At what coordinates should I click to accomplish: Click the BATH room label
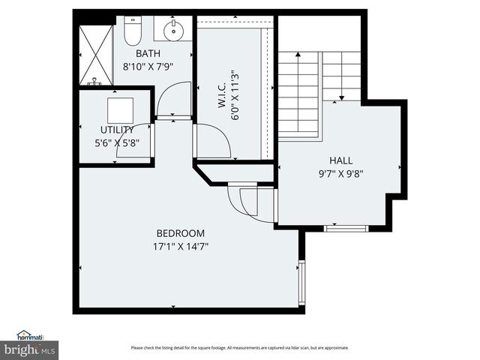click(x=148, y=54)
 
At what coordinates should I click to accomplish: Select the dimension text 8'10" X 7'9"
click(x=148, y=66)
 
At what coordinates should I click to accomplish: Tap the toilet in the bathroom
click(x=132, y=31)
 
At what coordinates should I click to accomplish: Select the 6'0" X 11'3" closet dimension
click(x=235, y=95)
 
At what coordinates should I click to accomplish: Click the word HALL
click(x=340, y=160)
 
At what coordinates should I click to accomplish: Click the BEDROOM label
click(x=180, y=233)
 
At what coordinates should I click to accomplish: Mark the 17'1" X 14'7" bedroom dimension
click(x=180, y=245)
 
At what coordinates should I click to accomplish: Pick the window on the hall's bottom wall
click(x=345, y=227)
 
